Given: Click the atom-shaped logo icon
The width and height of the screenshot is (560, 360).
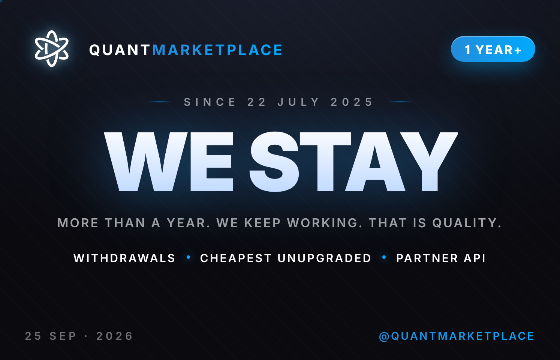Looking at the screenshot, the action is coord(51,49).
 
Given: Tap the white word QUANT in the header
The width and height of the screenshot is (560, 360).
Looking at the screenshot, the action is coord(120,50).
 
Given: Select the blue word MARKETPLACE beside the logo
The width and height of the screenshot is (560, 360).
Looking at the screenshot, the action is coord(217,50).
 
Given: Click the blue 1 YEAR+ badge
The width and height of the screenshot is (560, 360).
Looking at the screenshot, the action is coord(493,49).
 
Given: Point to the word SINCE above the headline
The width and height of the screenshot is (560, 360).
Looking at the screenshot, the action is coord(210,102).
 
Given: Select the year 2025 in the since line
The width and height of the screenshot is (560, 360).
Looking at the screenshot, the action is coord(352,102).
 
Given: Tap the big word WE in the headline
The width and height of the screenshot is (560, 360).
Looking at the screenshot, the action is coord(169,162).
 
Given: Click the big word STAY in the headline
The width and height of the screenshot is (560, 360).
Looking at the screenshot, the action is coord(353,162).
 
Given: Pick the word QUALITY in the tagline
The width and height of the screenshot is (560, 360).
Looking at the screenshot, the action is coord(467,223).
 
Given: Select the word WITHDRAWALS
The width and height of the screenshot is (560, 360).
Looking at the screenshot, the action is coord(124,258).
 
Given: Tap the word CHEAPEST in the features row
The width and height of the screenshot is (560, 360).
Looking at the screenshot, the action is coord(236,258).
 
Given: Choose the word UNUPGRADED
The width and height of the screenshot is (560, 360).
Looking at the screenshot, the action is coord(324,258).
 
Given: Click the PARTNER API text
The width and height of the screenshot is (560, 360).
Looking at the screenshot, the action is coord(441,258).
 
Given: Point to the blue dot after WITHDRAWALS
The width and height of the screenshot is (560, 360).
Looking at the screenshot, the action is coord(189,257).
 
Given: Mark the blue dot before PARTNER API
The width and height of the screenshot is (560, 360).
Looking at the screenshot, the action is coord(384,257).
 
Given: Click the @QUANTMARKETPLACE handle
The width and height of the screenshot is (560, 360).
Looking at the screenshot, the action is coord(457,336).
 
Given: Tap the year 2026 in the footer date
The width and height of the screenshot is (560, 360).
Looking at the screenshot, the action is coord(114,336).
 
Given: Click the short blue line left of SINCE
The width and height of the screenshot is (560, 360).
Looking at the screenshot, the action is coord(160,102).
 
